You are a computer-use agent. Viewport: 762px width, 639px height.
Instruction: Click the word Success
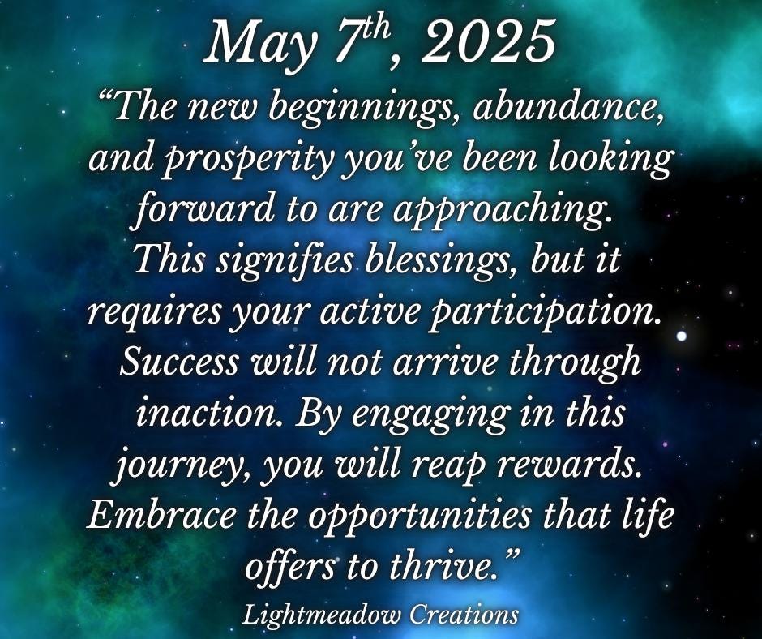click(179, 362)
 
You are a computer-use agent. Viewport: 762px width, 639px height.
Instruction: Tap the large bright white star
click(681, 336)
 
